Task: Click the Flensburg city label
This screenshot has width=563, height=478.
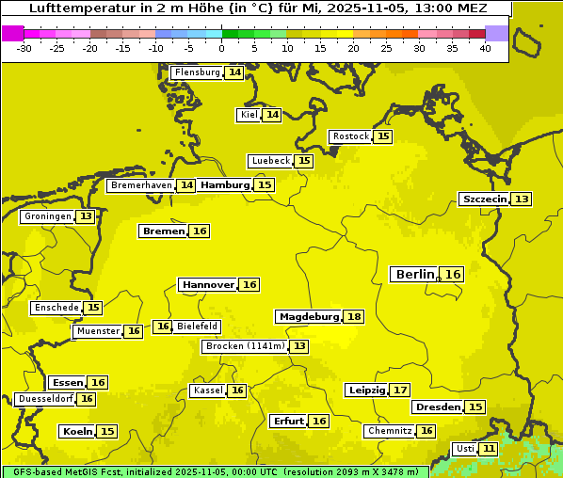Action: [198, 72]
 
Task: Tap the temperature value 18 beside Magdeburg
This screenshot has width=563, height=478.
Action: [354, 317]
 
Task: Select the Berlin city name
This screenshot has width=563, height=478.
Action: [415, 275]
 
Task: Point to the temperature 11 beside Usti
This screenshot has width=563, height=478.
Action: [489, 449]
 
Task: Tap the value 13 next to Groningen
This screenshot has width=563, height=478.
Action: [86, 216]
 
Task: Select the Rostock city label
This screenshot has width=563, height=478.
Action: [351, 136]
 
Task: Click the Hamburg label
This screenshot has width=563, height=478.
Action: [225, 185]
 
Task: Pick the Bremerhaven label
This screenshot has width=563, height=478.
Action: [141, 186]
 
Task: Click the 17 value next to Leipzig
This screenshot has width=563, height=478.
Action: [400, 390]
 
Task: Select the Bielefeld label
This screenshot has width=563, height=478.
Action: [198, 327]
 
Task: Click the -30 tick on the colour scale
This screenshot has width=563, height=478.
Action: [24, 47]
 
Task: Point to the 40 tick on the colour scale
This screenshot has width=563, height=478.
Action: [485, 47]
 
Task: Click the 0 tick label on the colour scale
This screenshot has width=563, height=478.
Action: [222, 47]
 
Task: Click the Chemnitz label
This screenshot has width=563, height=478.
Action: [390, 431]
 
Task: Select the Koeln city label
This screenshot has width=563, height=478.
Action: [77, 432]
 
